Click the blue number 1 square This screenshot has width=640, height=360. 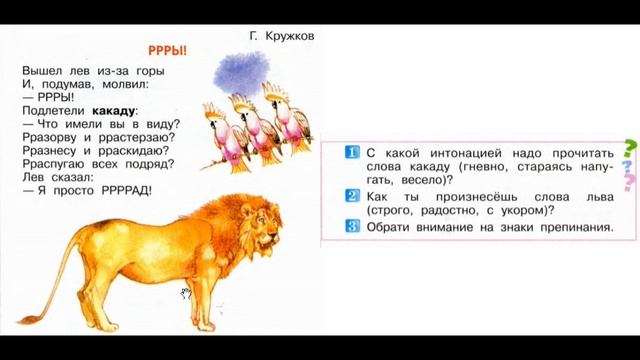[350, 151]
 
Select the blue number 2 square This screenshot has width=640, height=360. [350, 196]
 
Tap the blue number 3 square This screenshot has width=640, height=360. [350, 228]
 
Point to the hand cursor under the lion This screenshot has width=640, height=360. [185, 293]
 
